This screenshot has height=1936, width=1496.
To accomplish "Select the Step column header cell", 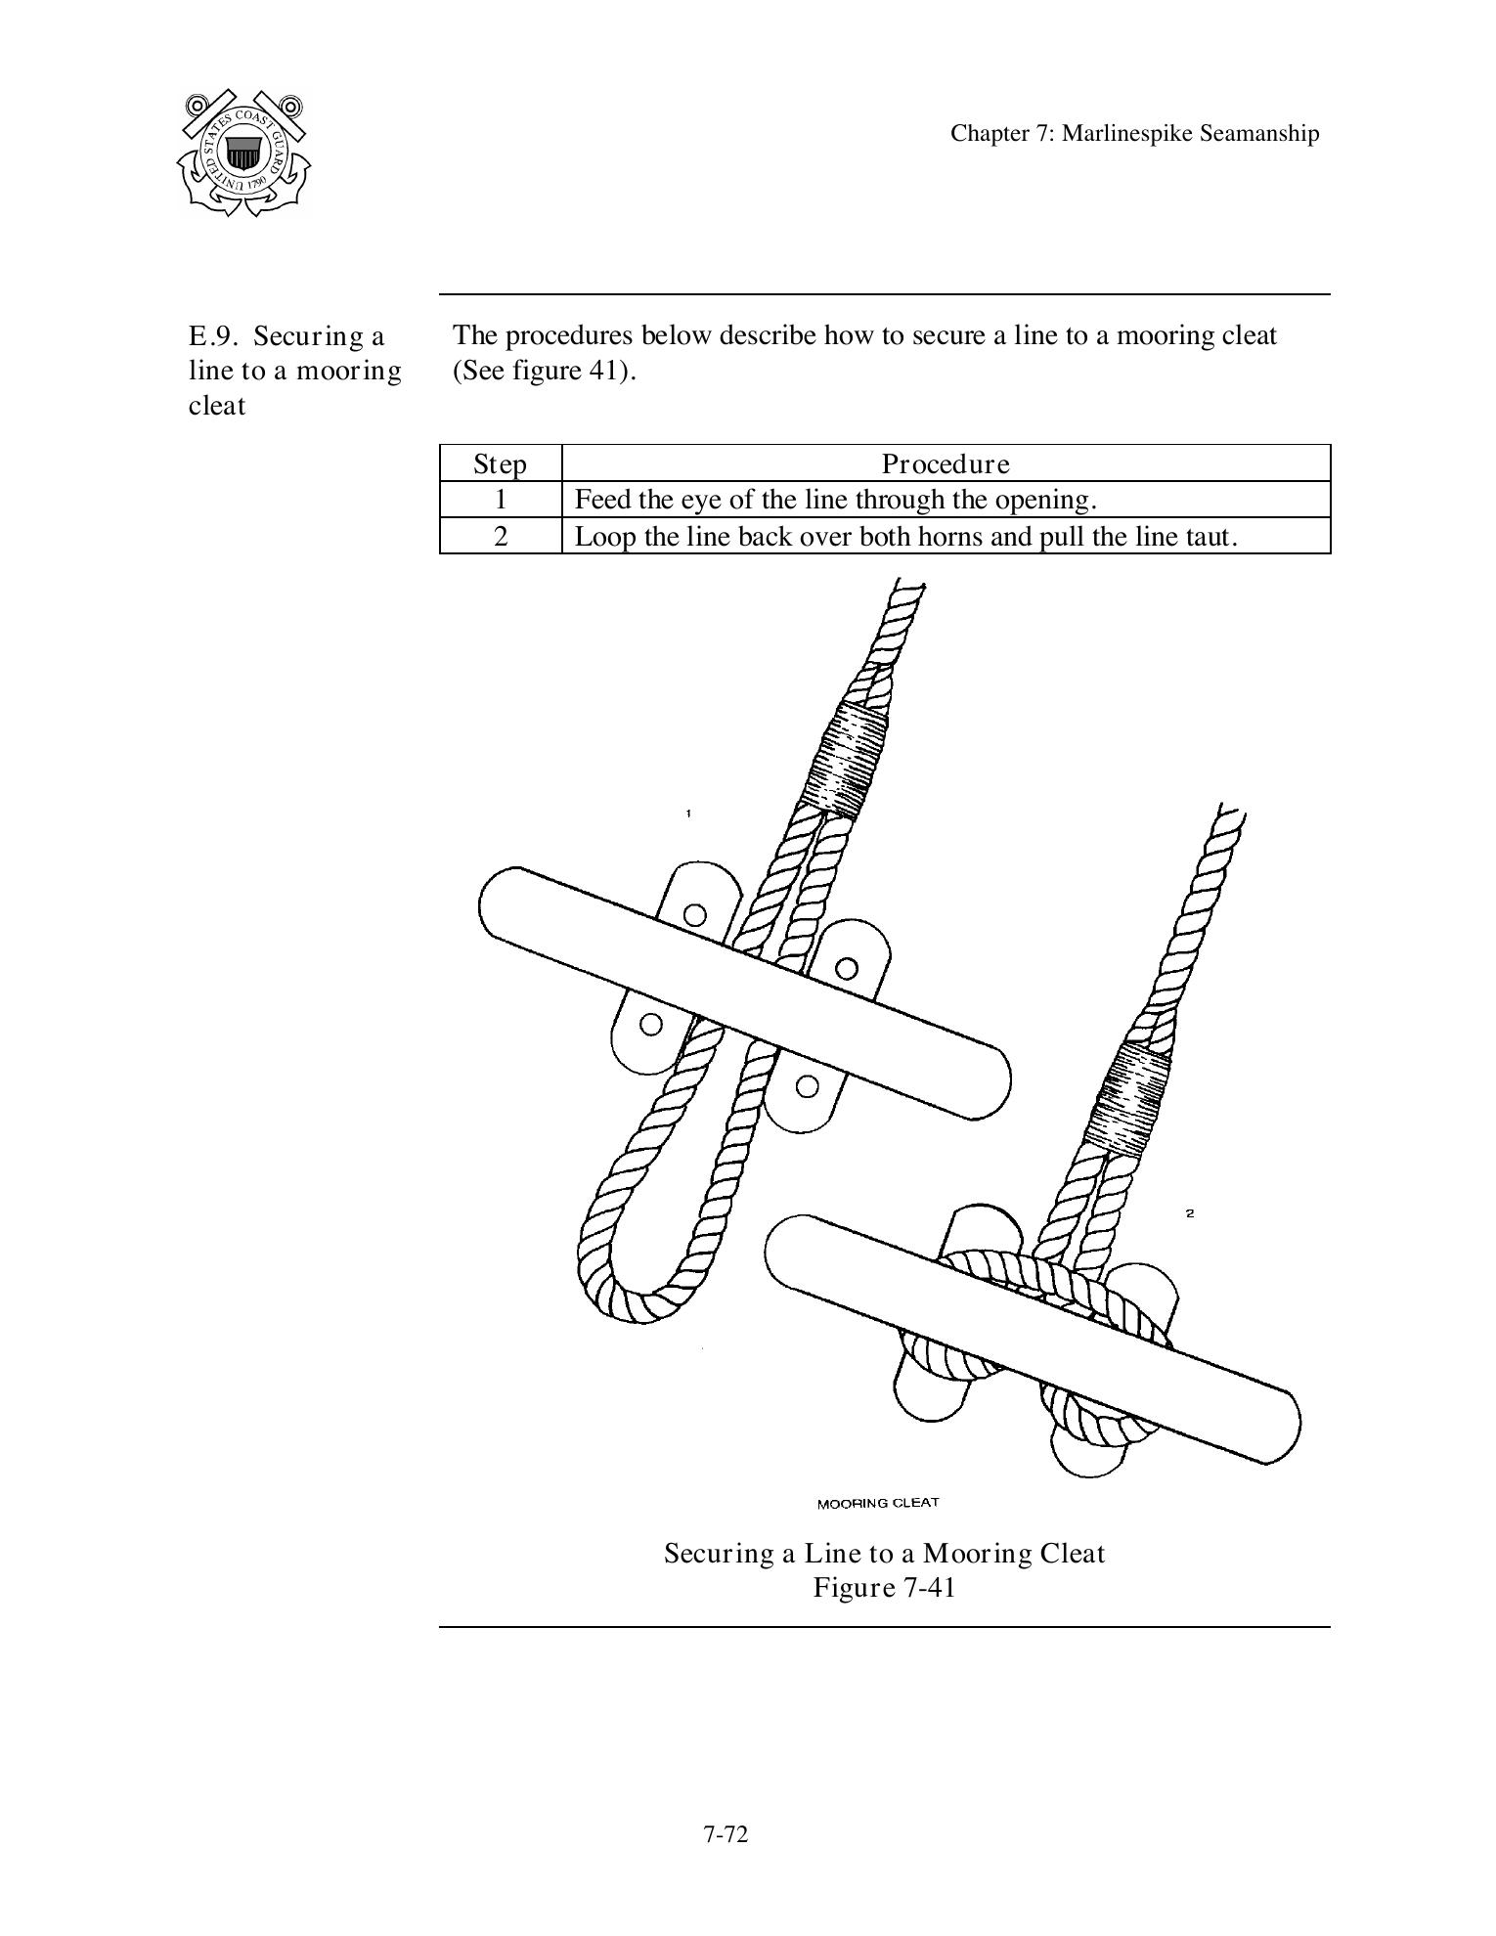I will [x=500, y=463].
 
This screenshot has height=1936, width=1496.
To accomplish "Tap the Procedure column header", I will [x=946, y=463].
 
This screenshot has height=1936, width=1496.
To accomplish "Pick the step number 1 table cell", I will [x=501, y=500].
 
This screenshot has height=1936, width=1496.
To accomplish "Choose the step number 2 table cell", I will [x=501, y=536].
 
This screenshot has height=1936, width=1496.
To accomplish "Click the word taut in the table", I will [x=1210, y=537].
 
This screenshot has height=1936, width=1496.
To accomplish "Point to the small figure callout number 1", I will [x=688, y=814].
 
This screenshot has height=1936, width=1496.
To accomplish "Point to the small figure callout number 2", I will [x=1190, y=1213].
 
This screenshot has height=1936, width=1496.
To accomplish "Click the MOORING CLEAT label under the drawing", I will [x=877, y=1503].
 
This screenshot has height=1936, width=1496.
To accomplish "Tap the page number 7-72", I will [x=725, y=1834].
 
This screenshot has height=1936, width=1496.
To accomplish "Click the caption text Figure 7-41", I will [x=884, y=1587].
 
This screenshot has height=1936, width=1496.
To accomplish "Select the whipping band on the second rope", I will [x=1129, y=1100].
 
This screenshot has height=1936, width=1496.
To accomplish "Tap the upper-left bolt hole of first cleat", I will [x=694, y=915].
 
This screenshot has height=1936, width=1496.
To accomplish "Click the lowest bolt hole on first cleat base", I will [x=807, y=1085].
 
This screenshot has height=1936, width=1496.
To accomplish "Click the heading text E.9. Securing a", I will [x=286, y=336].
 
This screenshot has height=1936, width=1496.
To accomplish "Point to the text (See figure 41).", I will [x=544, y=372].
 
